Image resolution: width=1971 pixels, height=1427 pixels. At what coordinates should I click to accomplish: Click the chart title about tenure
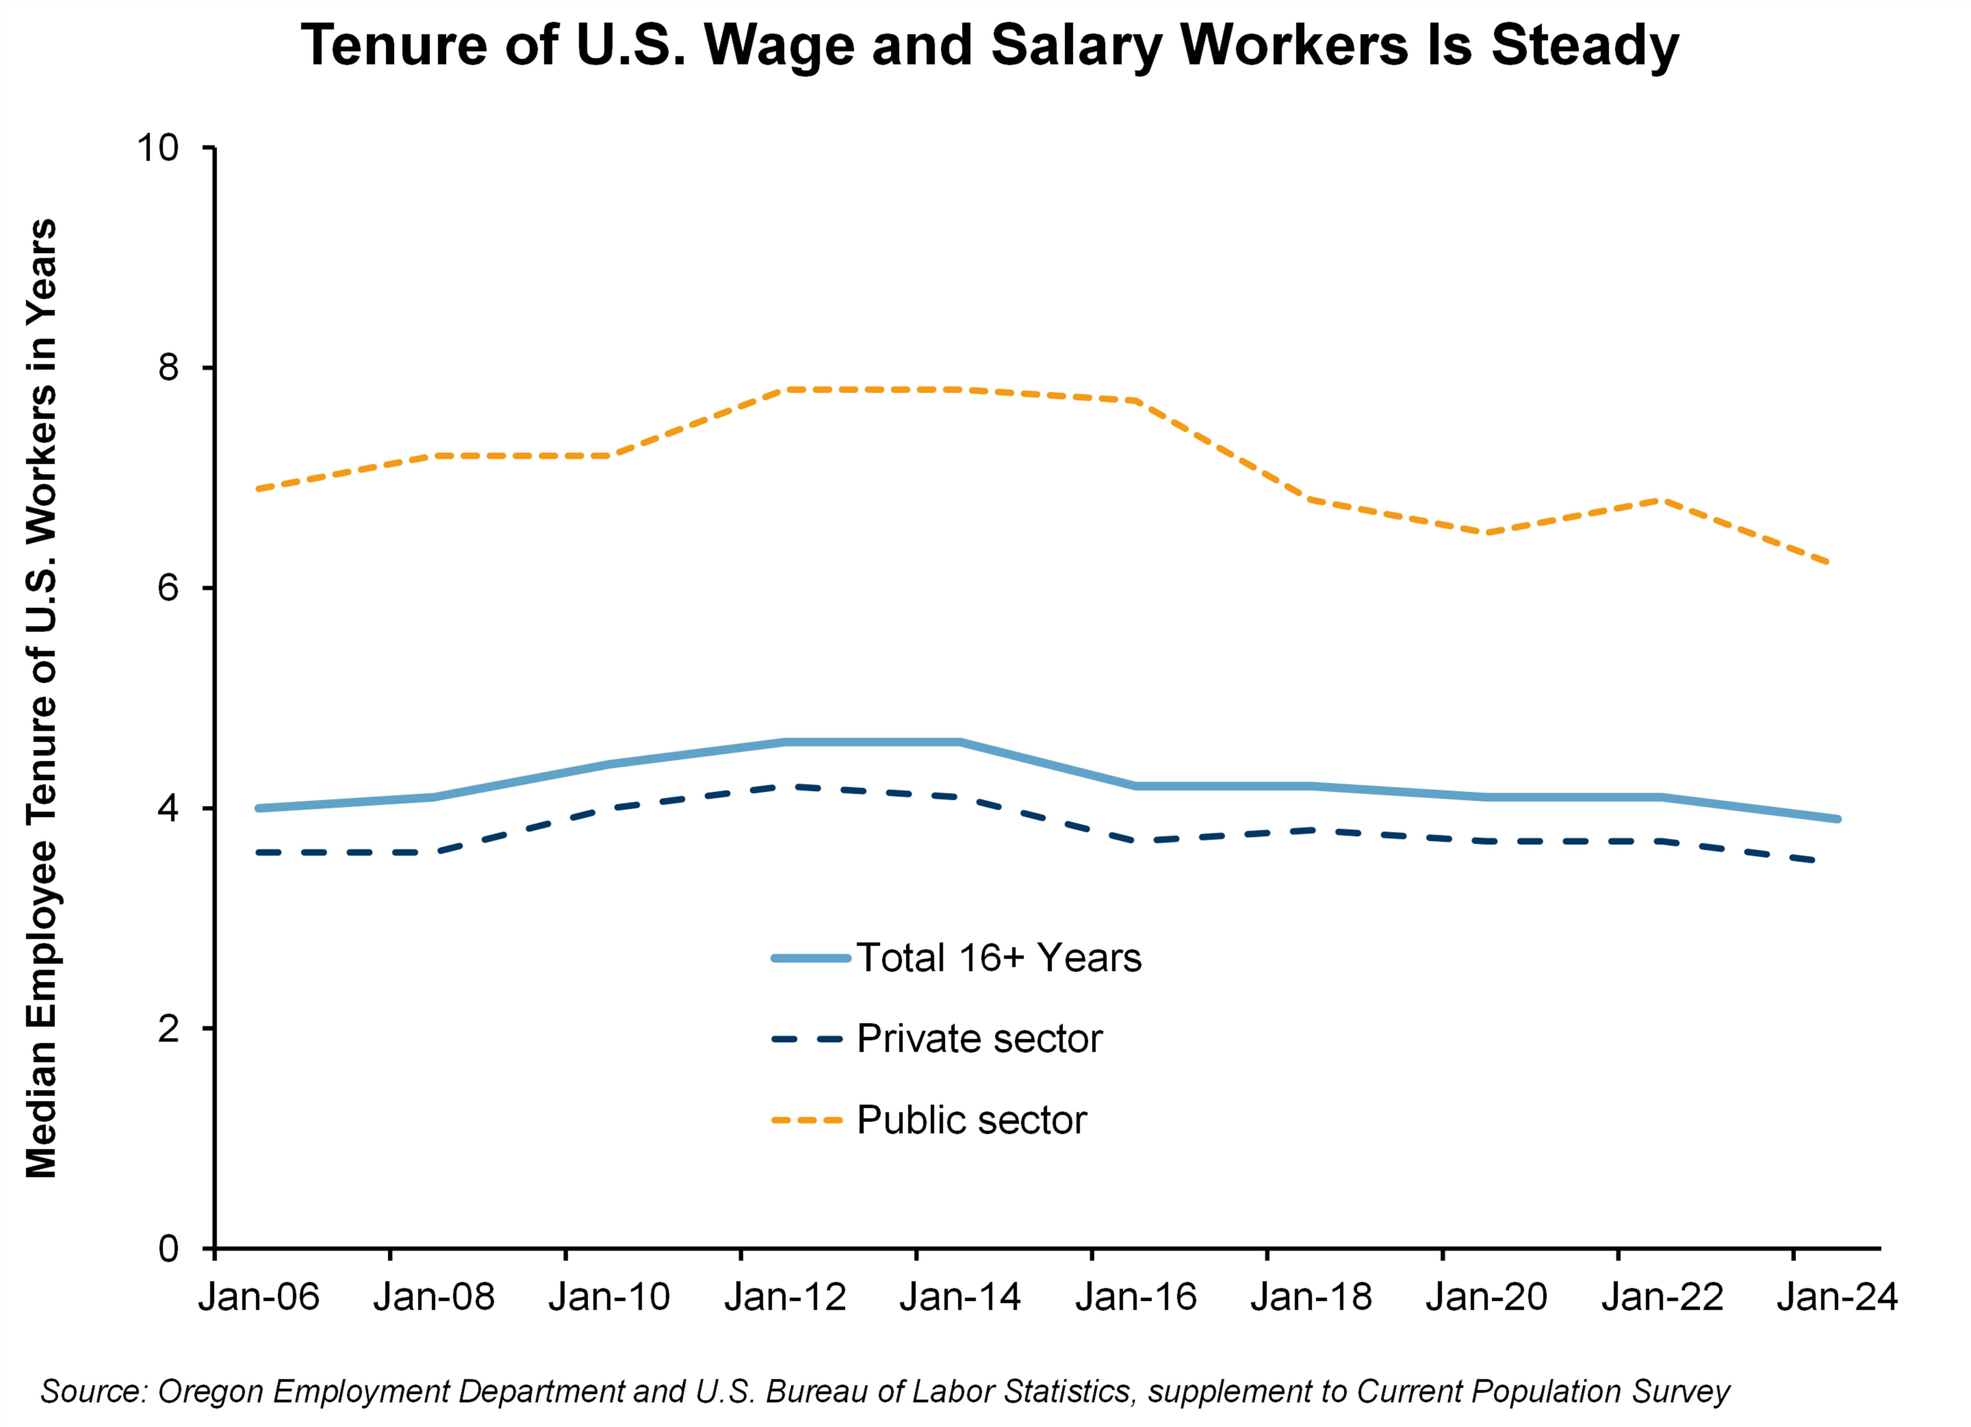[989, 45]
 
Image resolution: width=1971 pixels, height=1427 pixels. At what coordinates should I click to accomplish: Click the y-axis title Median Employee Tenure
[41, 698]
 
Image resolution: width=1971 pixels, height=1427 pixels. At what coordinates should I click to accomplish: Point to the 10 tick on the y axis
[157, 148]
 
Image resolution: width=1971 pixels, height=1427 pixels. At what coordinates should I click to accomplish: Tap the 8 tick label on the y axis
[168, 368]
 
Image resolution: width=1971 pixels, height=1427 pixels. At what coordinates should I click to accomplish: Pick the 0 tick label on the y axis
[168, 1249]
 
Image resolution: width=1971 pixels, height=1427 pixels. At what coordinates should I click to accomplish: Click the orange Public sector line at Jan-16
[1136, 400]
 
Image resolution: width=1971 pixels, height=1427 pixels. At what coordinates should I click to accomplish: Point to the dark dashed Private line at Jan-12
[785, 786]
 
